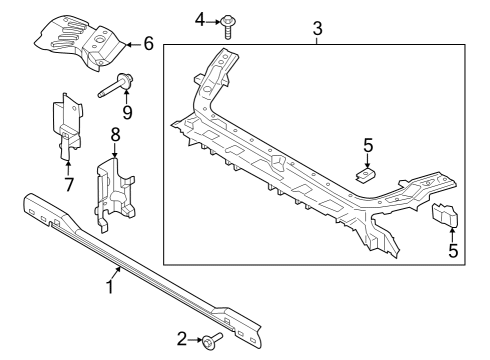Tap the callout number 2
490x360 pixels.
[182, 340]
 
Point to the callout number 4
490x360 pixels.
[200, 19]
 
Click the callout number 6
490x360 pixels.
[148, 43]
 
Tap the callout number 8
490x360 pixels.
[116, 133]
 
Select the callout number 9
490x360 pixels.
[127, 112]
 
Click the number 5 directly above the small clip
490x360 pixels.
[368, 146]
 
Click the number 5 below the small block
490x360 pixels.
[453, 251]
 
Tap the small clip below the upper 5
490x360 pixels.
[366, 176]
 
